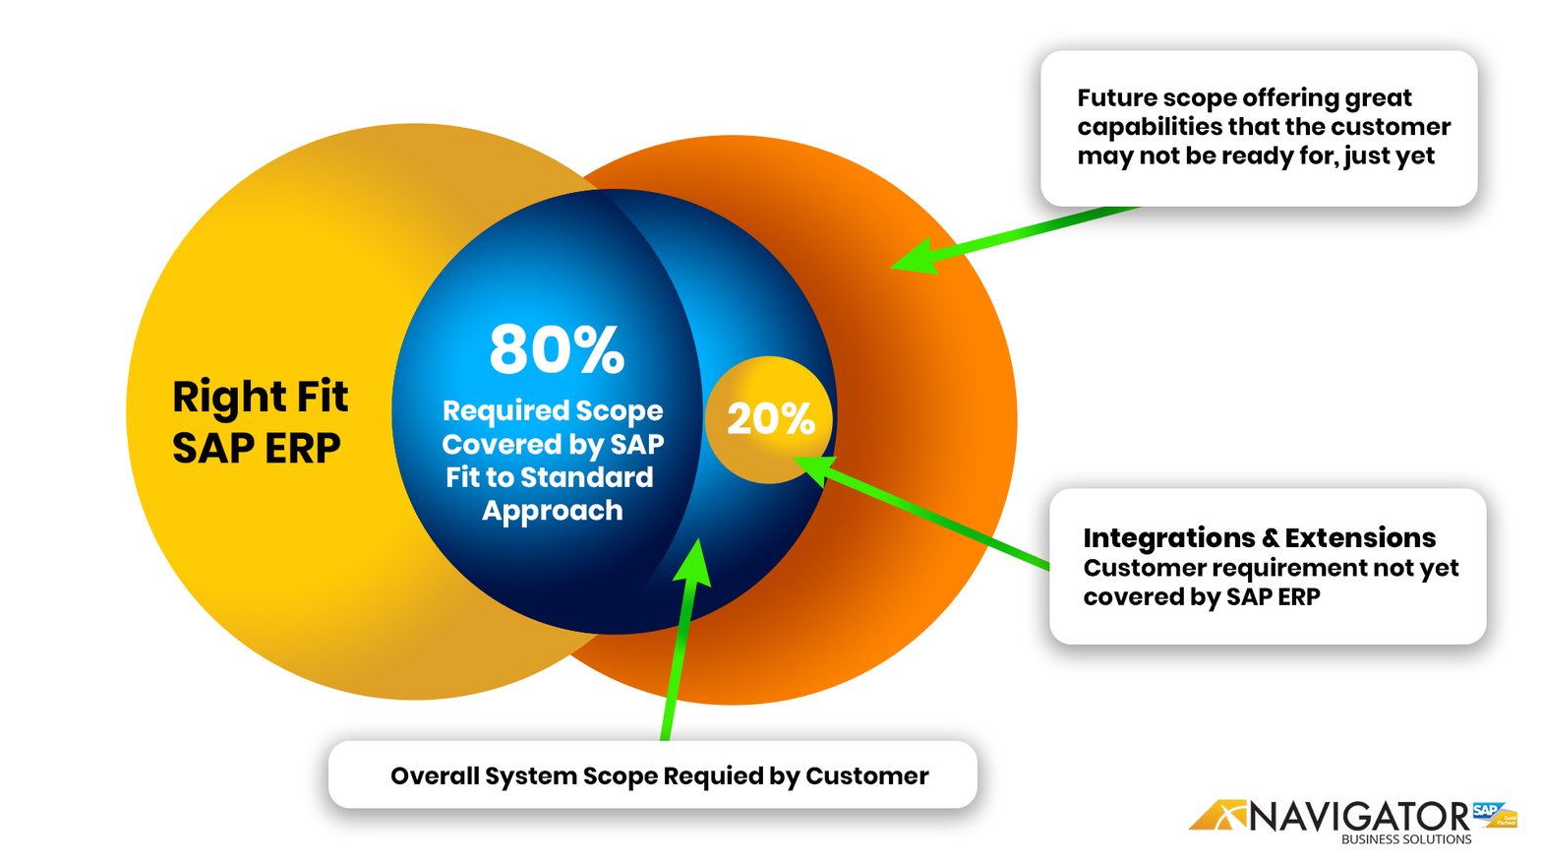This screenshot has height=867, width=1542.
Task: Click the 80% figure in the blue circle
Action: point(557,350)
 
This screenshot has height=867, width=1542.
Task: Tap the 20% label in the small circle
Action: point(770,419)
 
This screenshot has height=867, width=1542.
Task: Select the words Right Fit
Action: point(260,397)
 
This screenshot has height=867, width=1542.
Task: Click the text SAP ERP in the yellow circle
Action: point(256,449)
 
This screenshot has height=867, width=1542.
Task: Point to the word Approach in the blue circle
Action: point(552,511)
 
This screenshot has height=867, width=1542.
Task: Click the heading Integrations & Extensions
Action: point(1259,537)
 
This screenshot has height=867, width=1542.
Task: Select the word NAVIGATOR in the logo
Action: point(1359,816)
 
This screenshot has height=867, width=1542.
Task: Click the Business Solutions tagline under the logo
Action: point(1405,839)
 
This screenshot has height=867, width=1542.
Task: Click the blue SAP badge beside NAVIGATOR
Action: point(1486,811)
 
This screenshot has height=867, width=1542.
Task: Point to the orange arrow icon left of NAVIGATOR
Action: point(1217,815)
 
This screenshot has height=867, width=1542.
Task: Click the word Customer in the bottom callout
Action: point(866,776)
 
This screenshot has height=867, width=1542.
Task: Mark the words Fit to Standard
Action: point(549,477)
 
